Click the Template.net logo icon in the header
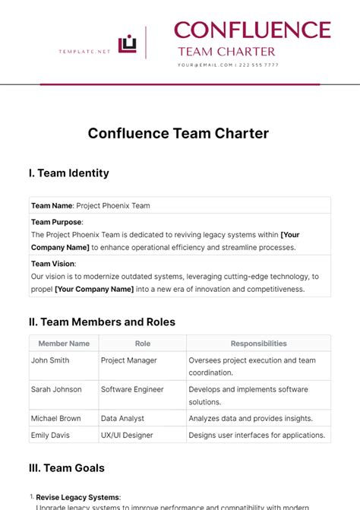click(x=128, y=45)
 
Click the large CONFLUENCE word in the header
click(x=252, y=30)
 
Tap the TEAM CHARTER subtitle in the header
click(x=226, y=52)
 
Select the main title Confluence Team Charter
click(x=178, y=133)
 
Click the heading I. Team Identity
click(x=68, y=173)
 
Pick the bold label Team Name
click(x=52, y=205)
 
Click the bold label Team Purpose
click(x=56, y=222)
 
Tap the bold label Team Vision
click(x=52, y=264)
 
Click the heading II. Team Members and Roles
click(x=102, y=322)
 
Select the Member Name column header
click(x=64, y=344)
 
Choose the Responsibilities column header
click(x=258, y=344)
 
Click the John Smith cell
click(x=50, y=361)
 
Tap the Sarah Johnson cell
click(x=56, y=390)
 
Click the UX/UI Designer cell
click(x=127, y=436)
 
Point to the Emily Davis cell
click(x=52, y=436)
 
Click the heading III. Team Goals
click(x=66, y=468)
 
